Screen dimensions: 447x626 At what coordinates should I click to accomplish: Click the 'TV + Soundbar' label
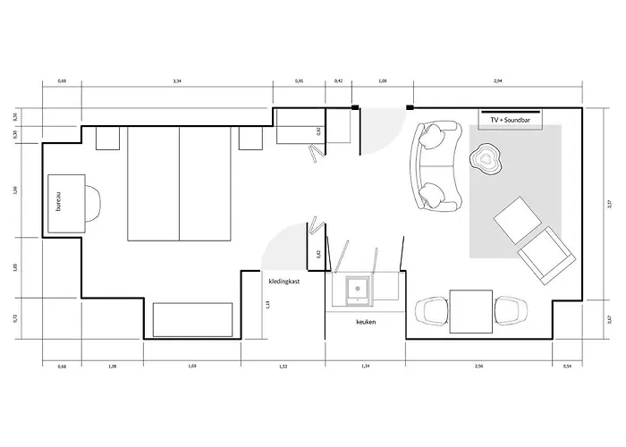tap(506, 119)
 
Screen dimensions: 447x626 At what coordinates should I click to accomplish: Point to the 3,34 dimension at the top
tap(177, 81)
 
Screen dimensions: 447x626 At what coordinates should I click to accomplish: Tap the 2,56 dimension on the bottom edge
tap(479, 366)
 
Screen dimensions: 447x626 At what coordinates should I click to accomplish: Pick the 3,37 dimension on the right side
tap(608, 204)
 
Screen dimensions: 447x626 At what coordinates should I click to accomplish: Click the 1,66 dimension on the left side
tap(16, 190)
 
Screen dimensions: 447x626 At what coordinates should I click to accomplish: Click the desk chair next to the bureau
tap(93, 204)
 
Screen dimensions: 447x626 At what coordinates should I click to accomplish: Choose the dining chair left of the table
tap(431, 310)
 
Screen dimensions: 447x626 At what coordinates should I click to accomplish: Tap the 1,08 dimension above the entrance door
tap(384, 81)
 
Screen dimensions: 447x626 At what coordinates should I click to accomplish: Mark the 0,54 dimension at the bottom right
tap(567, 366)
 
